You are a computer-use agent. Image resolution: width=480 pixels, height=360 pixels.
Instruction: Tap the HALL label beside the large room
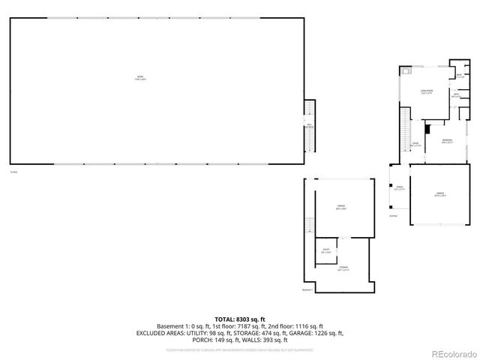tap(309, 126)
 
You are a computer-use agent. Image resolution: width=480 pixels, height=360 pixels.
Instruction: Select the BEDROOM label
tap(447, 142)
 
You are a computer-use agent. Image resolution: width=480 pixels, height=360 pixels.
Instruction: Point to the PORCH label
tap(400, 187)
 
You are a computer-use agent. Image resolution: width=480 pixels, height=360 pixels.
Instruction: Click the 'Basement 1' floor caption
tap(307, 289)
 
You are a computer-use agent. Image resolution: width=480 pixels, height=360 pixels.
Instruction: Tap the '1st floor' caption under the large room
tap(13, 172)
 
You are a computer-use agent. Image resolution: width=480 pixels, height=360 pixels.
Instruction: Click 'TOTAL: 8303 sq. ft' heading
tap(239, 319)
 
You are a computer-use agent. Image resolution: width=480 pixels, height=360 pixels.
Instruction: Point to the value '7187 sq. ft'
tap(259, 326)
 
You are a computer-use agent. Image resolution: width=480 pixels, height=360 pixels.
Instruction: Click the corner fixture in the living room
tap(404, 72)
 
